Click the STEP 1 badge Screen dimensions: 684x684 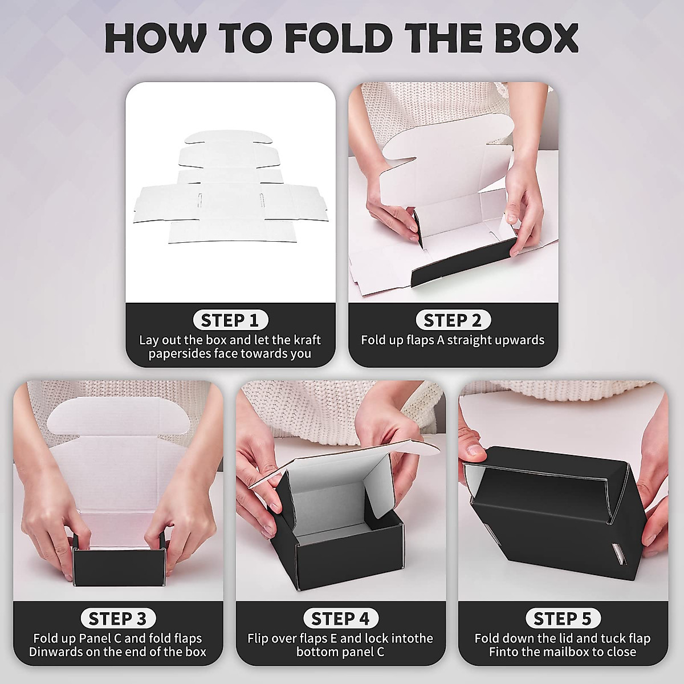tap(230, 320)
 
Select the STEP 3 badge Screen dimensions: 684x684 tap(117, 618)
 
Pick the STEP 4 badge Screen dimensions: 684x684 tap(340, 618)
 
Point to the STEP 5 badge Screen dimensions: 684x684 tap(563, 618)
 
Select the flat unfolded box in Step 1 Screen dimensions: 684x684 tap(230, 188)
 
